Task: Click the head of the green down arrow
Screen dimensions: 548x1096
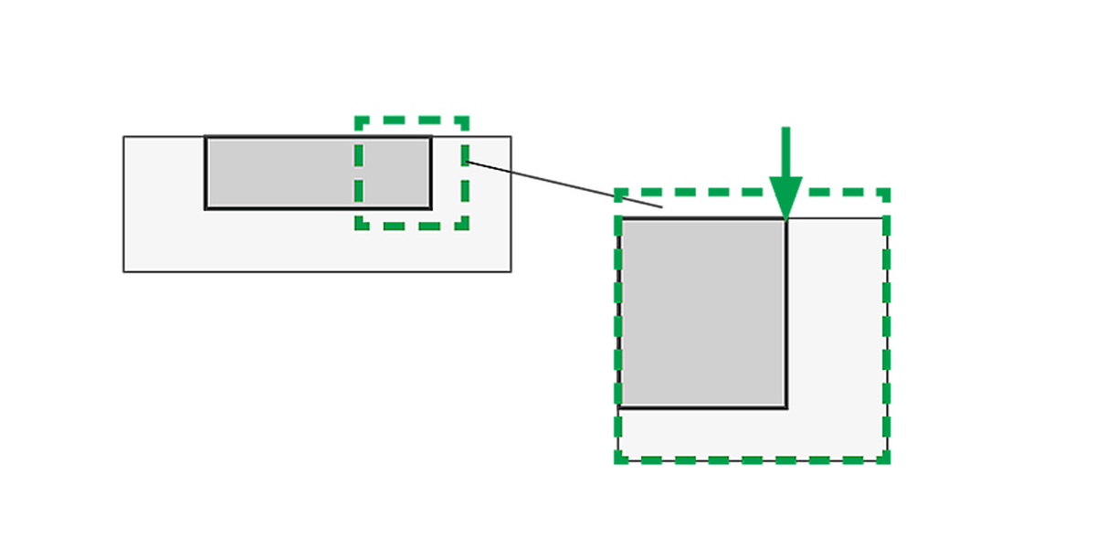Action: (x=785, y=194)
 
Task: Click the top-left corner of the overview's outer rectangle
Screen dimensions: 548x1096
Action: (x=123, y=134)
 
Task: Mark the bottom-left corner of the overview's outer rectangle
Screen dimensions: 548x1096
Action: (x=123, y=273)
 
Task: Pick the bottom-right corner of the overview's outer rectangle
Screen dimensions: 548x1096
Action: (x=513, y=273)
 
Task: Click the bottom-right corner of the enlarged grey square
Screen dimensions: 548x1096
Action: (x=786, y=407)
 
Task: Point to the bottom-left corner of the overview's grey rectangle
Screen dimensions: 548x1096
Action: (x=206, y=208)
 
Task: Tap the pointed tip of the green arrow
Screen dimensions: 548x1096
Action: (x=785, y=219)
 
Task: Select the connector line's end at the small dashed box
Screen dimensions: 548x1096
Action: (x=467, y=162)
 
